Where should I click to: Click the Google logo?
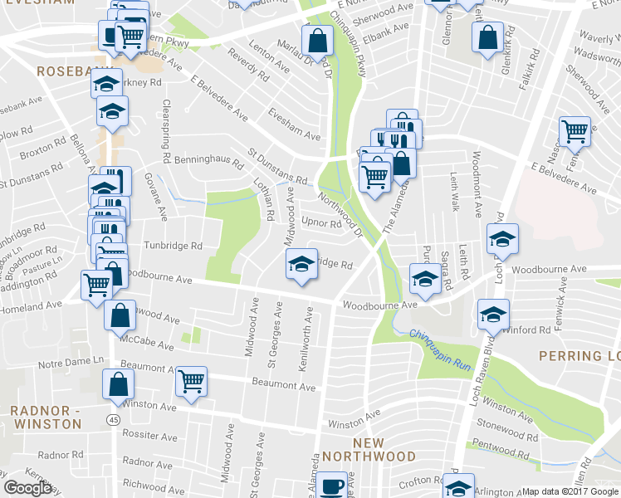[27, 488]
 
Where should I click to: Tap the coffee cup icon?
[333, 484]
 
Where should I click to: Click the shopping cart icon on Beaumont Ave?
[192, 381]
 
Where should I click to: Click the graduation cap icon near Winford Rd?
[493, 314]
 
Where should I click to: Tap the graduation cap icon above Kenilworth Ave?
[301, 265]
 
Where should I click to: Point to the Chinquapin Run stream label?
[439, 340]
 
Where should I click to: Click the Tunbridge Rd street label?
[173, 246]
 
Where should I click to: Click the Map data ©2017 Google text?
[570, 491]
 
